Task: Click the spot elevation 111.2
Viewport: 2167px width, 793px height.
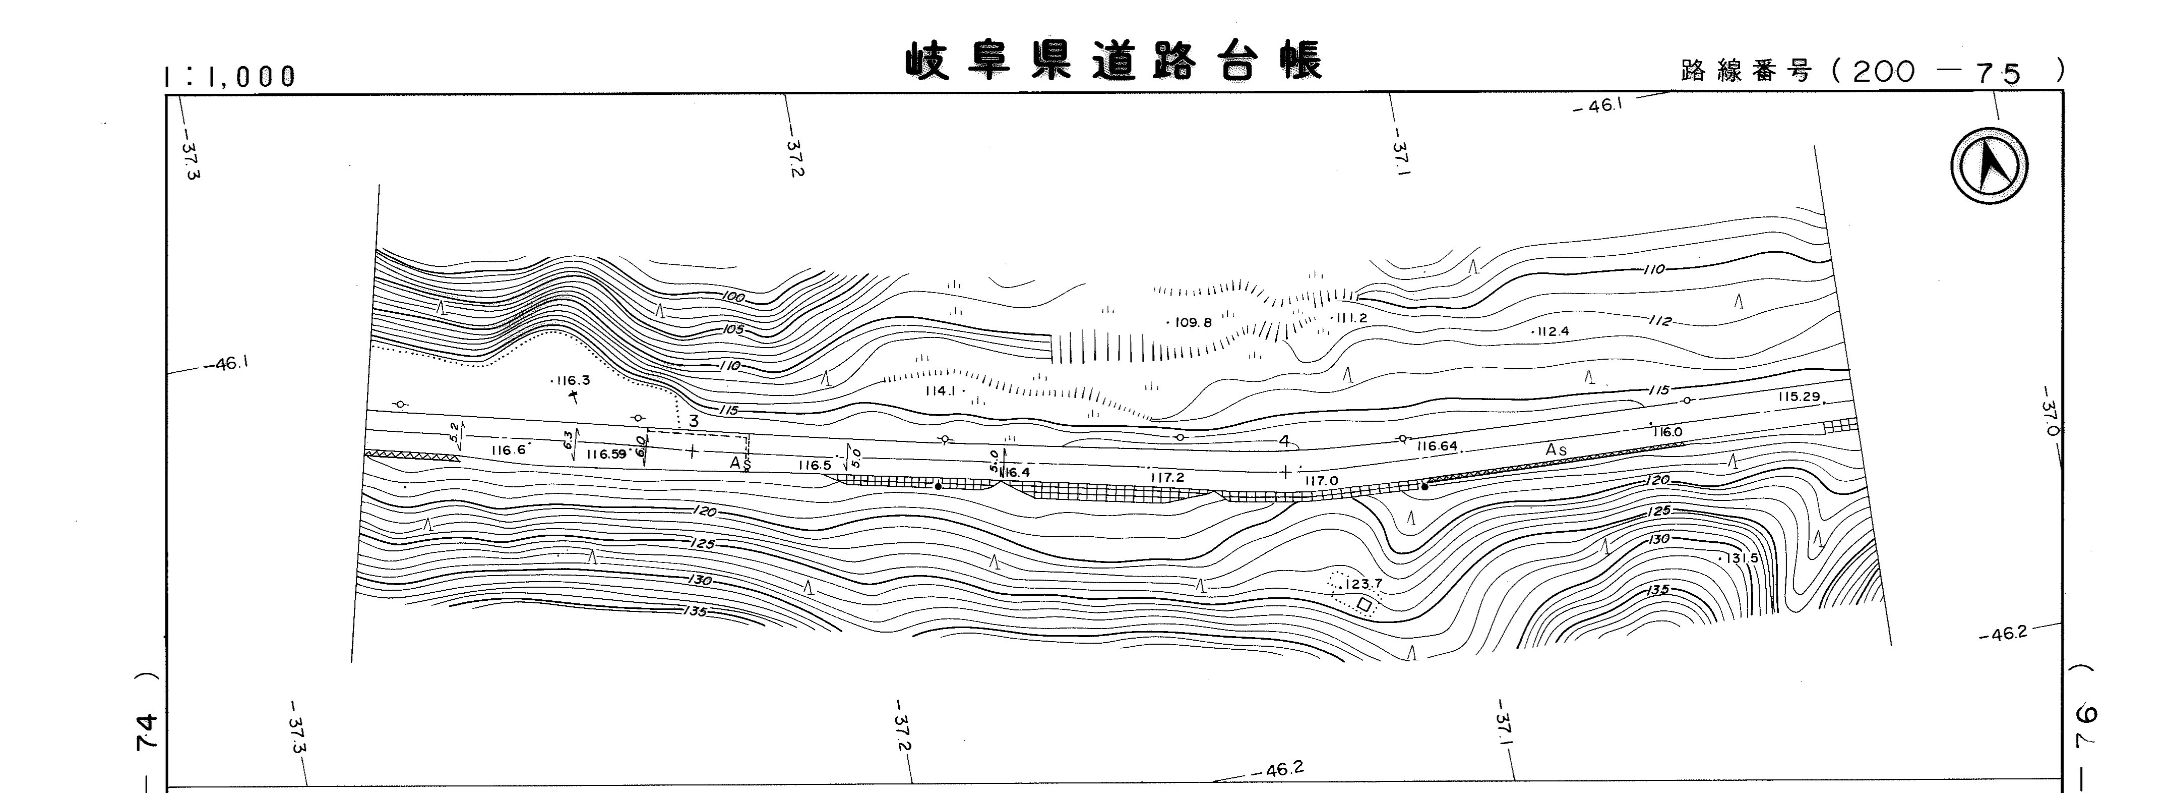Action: pos(1349,318)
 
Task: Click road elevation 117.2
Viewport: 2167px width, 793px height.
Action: pos(1167,477)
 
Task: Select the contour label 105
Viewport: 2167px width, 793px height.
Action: pos(733,329)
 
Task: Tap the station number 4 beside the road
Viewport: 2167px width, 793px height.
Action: pos(1284,441)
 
